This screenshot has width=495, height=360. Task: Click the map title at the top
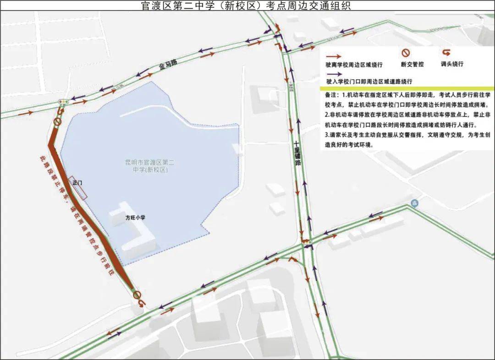click(x=247, y=5)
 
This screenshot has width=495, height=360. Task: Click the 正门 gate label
click(x=77, y=182)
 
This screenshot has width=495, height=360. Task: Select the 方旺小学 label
click(x=135, y=218)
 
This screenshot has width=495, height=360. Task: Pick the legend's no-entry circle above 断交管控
click(x=406, y=53)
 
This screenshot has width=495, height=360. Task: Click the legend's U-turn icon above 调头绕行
click(x=446, y=53)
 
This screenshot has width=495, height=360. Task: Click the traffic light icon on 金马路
click(x=62, y=101)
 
